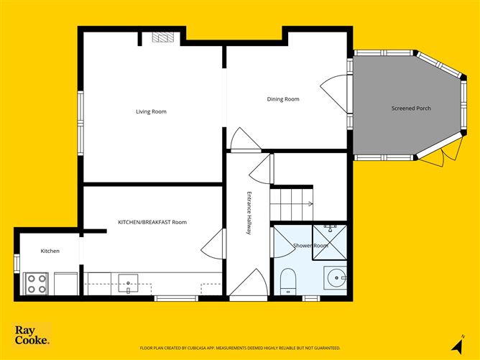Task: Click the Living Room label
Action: pos(152,111)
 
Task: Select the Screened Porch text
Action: pos(411,109)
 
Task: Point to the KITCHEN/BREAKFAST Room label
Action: pos(152,222)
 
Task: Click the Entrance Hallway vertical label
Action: pos(249,213)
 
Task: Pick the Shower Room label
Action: pos(310,246)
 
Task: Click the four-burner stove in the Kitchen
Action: pos(36,283)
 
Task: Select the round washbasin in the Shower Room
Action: pos(336,276)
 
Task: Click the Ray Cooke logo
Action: pos(32,335)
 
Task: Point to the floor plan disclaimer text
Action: pos(240,347)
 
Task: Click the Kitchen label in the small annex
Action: pos(50,251)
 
